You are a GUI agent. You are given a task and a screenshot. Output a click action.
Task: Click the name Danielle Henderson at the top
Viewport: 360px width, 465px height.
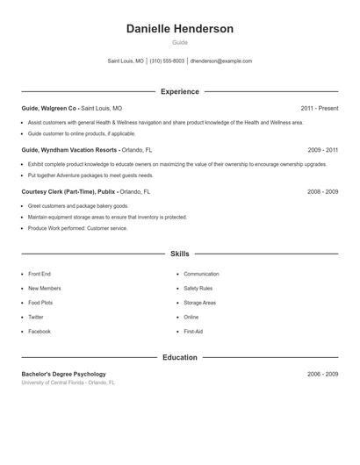pyautogui.click(x=180, y=29)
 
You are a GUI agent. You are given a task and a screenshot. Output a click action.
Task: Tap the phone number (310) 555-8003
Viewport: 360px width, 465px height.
pyautogui.click(x=167, y=61)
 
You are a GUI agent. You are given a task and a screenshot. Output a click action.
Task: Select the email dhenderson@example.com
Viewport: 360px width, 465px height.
pyautogui.click(x=221, y=61)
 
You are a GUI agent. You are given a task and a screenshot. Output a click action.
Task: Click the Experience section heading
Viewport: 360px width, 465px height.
pyautogui.click(x=180, y=91)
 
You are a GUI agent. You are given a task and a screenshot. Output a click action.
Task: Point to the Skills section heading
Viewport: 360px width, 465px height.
pyautogui.click(x=180, y=254)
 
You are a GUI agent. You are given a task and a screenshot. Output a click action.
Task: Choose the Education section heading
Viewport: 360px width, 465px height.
pyautogui.click(x=180, y=357)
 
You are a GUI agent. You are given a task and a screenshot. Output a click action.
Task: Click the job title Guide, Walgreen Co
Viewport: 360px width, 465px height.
pyautogui.click(x=49, y=108)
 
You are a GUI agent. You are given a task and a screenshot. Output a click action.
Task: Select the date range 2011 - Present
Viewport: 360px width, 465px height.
pyautogui.click(x=319, y=108)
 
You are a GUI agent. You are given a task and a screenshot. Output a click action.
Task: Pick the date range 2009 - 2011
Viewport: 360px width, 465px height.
pyautogui.click(x=322, y=150)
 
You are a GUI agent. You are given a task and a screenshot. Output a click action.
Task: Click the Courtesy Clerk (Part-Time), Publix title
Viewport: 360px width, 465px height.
pyautogui.click(x=68, y=191)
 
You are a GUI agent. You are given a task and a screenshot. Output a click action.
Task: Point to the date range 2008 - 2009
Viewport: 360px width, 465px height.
pyautogui.click(x=322, y=191)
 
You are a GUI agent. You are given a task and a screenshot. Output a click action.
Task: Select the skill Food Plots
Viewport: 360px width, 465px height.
pyautogui.click(x=41, y=303)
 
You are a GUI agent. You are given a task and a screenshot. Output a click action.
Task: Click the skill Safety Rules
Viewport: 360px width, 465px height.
pyautogui.click(x=198, y=288)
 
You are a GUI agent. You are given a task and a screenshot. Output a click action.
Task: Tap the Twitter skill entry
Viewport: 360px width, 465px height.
pyautogui.click(x=35, y=317)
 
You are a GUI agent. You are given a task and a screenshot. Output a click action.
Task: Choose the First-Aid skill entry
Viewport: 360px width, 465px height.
pyautogui.click(x=193, y=332)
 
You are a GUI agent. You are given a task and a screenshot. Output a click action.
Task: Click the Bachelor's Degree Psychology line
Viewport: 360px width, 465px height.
pyautogui.click(x=63, y=374)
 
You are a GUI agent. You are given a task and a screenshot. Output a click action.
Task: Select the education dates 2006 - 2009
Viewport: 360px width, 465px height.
pyautogui.click(x=322, y=374)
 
